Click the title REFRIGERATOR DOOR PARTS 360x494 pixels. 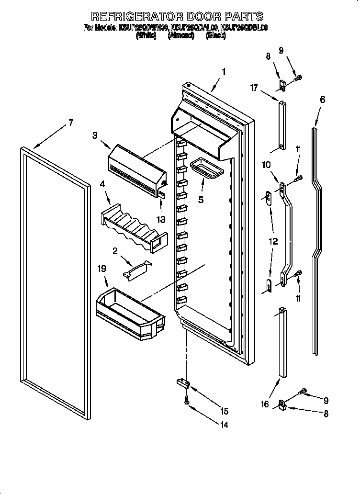(x=177, y=17)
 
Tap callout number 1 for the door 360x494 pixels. (x=223, y=72)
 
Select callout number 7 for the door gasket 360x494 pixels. (x=70, y=123)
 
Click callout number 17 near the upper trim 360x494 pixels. (x=254, y=88)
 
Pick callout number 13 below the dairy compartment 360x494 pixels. (x=161, y=219)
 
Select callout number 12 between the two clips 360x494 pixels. (x=273, y=242)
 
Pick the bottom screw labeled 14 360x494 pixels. (x=186, y=403)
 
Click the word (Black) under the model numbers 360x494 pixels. (x=215, y=36)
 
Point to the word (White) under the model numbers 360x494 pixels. (x=146, y=36)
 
